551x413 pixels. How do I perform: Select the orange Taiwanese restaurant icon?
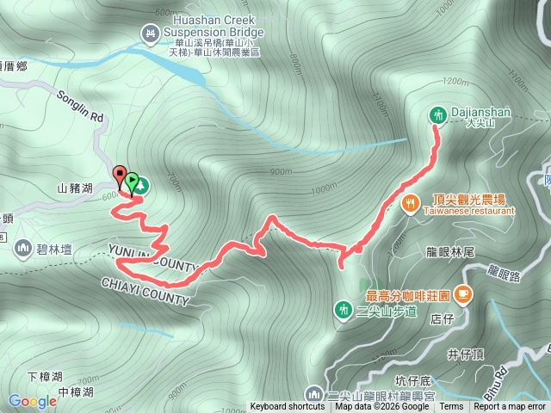click(410, 203)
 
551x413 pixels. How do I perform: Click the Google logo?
click(32, 401)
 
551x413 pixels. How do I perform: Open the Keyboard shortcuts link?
click(288, 407)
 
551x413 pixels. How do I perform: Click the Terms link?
click(451, 407)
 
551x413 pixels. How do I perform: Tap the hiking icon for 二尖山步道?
click(343, 308)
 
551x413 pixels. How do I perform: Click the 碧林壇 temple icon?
click(22, 248)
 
